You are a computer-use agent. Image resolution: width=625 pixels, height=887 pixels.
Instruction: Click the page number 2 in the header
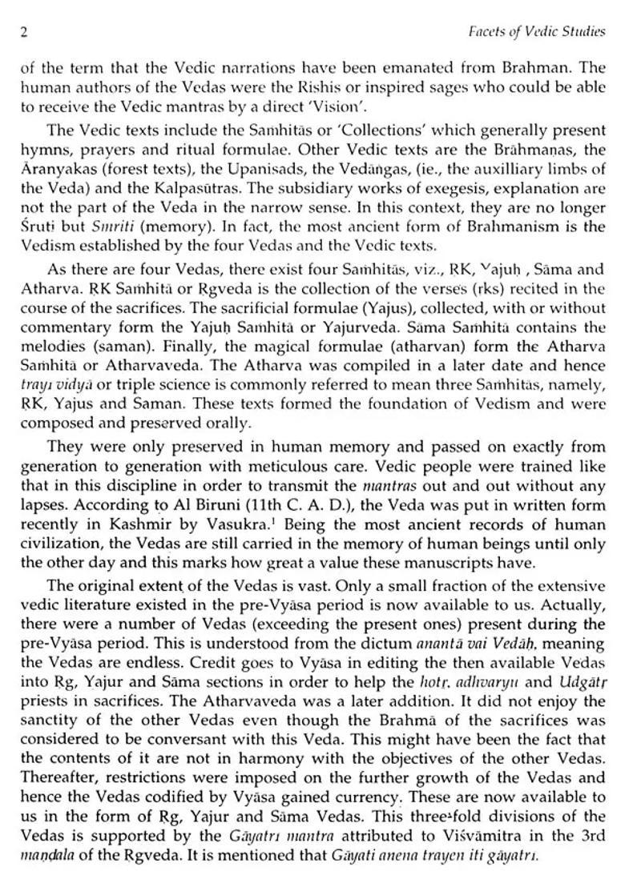pos(25,32)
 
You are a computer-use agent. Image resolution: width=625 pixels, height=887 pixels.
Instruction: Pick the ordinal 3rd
pos(589,834)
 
